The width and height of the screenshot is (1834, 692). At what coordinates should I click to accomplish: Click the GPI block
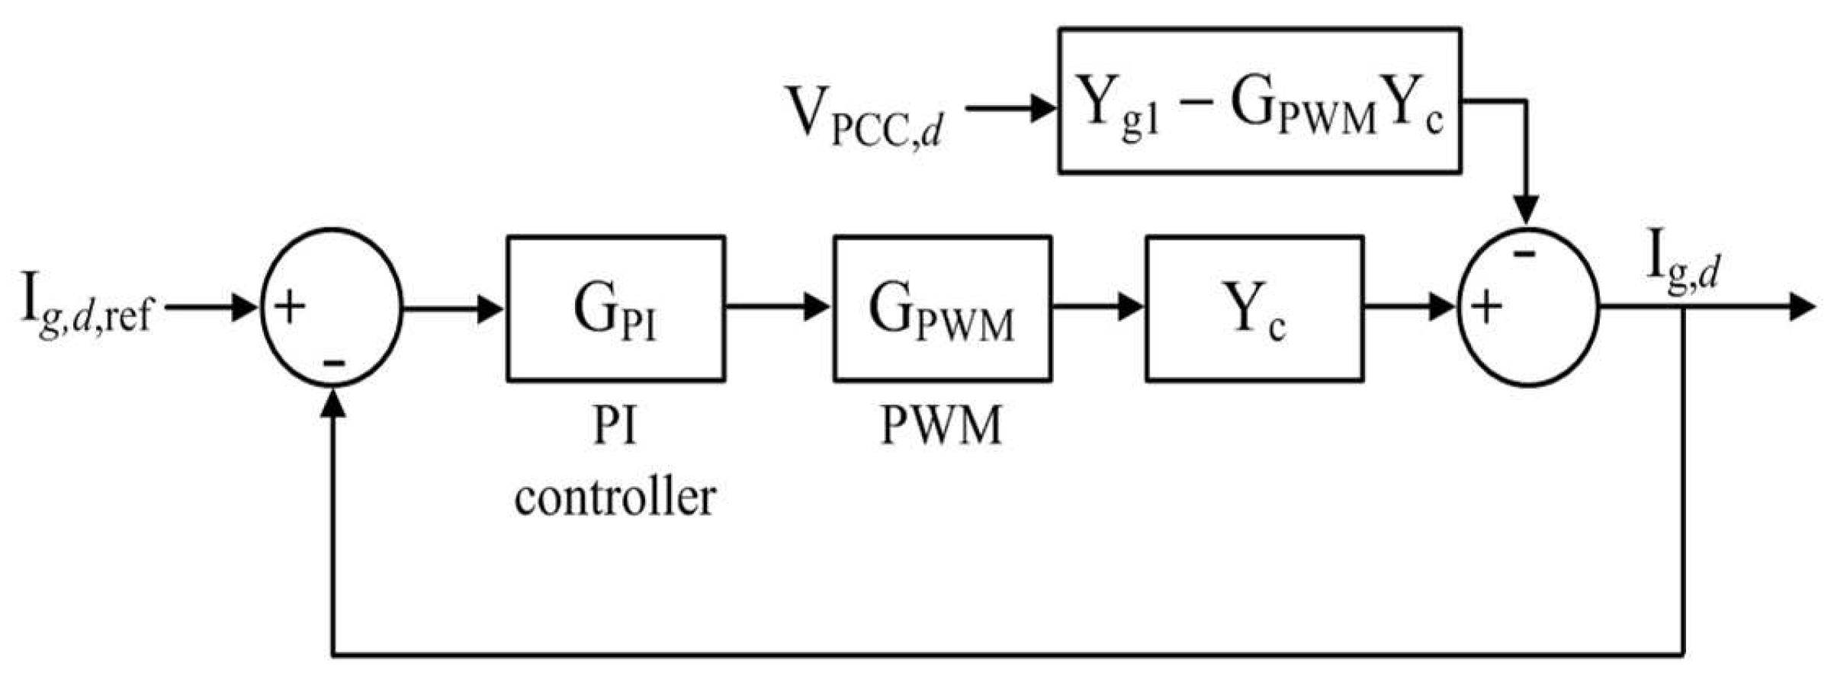tap(615, 309)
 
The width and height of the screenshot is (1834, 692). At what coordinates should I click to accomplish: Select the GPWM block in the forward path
tap(943, 309)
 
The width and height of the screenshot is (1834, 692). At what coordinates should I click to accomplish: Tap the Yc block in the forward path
tap(1254, 309)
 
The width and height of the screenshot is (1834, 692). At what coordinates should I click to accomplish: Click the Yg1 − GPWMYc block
tap(1259, 101)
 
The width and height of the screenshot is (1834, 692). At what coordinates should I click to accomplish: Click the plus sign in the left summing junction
tap(290, 307)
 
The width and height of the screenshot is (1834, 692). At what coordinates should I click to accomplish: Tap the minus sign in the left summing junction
tap(333, 362)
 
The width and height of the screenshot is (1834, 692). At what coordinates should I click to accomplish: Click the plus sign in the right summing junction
tap(1486, 309)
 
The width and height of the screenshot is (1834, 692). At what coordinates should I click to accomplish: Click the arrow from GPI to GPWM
tap(778, 308)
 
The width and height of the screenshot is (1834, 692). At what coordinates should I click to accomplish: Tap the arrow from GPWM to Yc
tap(1098, 308)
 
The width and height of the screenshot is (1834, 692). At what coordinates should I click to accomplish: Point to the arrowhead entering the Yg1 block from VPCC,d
tap(1043, 108)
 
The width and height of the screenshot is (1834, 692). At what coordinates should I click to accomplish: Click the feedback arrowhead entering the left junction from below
tap(333, 404)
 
